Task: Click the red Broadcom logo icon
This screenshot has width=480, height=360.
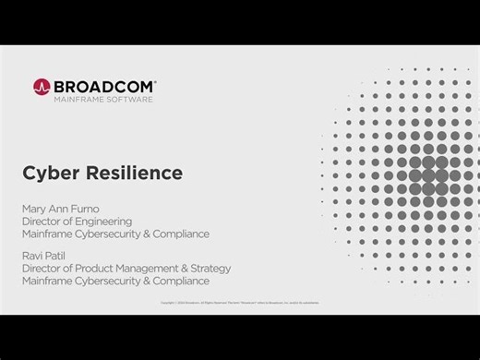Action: [42, 87]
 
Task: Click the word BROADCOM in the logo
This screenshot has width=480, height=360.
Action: [102, 85]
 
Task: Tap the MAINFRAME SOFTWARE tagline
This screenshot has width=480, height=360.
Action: [102, 99]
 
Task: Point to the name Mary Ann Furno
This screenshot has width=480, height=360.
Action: [62, 209]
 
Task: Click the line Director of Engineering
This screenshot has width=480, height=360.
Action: [77, 222]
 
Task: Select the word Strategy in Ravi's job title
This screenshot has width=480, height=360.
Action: [210, 269]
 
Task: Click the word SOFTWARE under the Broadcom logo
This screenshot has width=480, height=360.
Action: [131, 99]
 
